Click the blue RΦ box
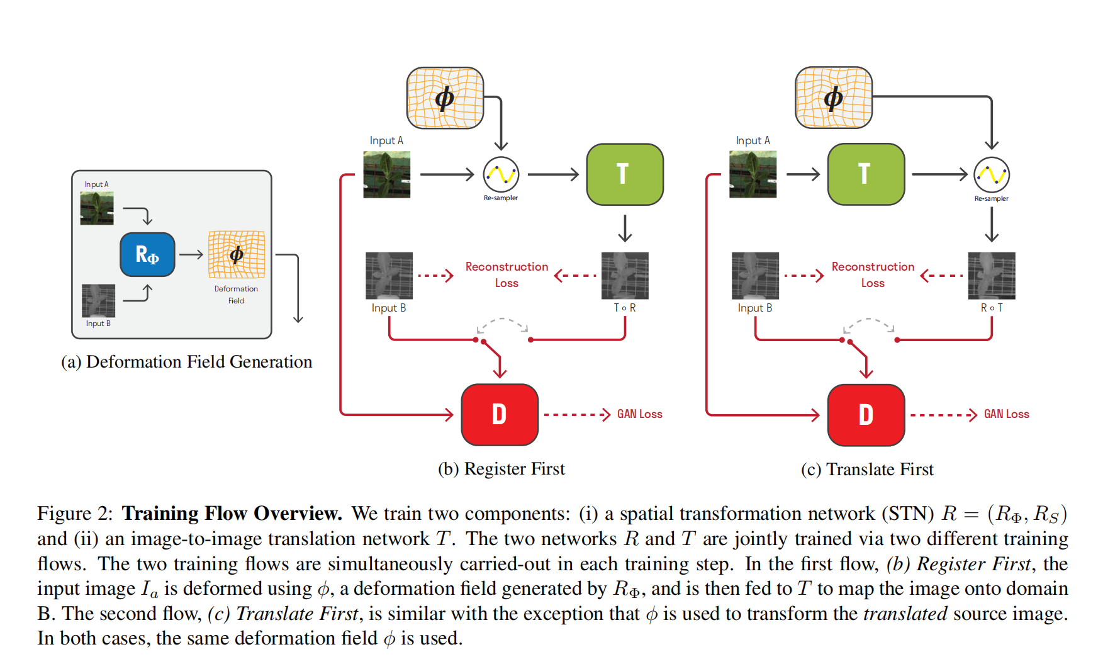pyautogui.click(x=147, y=254)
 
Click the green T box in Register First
pyautogui.click(x=624, y=174)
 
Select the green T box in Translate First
pyautogui.click(x=865, y=174)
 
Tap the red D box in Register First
pyautogui.click(x=499, y=414)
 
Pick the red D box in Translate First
pyautogui.click(x=865, y=414)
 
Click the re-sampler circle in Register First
pyautogui.click(x=501, y=174)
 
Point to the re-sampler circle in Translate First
pyautogui.click(x=991, y=175)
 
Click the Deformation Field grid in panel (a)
pyautogui.click(x=237, y=254)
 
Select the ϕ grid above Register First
pyautogui.click(x=445, y=98)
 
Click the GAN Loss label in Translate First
pyautogui.click(x=1006, y=414)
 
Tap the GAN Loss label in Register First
pyautogui.click(x=639, y=414)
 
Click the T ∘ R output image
pyautogui.click(x=624, y=276)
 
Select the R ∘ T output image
pyautogui.click(x=991, y=276)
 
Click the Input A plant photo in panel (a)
pyautogui.click(x=97, y=208)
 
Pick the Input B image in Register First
pyautogui.click(x=389, y=276)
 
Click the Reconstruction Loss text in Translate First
pyautogui.click(x=873, y=274)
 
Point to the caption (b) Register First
pyautogui.click(x=501, y=469)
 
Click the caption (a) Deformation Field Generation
pyautogui.click(x=186, y=362)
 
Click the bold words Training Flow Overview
pyautogui.click(x=232, y=514)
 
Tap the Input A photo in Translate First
pyautogui.click(x=753, y=174)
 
